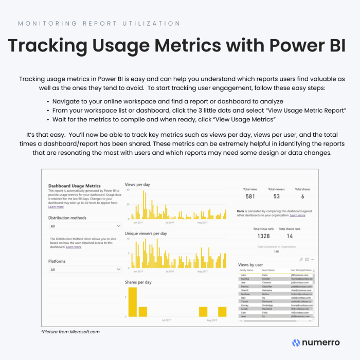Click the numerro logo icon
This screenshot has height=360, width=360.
296,343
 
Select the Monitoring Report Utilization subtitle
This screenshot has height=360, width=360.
99,24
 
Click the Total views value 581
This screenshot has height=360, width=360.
250,196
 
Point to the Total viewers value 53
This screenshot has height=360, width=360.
277,196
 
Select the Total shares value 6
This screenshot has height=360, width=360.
302,196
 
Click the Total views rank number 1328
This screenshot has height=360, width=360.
263,236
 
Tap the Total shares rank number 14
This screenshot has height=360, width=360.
290,236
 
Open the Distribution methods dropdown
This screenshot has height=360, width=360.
85,226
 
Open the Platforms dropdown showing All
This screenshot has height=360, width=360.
85,269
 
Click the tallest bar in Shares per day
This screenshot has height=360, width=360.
133,302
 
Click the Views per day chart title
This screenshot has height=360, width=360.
138,184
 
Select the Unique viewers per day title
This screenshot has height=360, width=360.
146,233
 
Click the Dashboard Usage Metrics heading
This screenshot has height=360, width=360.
75,186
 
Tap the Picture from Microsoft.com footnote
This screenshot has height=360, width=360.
70,332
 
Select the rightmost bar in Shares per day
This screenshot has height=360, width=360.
222,312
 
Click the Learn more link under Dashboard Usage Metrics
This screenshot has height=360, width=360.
56,207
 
